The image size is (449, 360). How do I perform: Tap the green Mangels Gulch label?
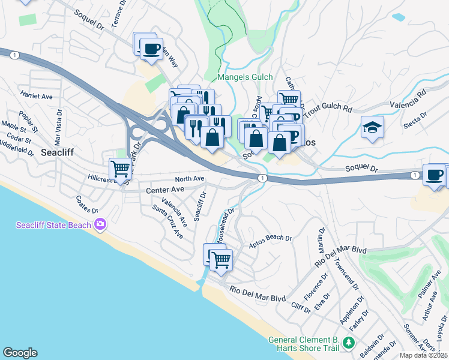pos(245,77)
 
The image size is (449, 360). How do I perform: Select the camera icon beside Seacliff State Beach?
pos(100,225)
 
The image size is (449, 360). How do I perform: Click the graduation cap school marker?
pos(372,127)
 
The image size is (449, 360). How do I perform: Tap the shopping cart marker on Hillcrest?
pos(120,169)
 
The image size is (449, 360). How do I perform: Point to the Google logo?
pos(20,353)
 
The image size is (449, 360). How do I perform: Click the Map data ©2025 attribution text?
pos(424,355)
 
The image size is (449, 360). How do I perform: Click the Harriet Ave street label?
pos(37,96)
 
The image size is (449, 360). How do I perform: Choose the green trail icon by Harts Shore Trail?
pos(349,343)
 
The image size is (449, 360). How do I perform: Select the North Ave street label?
pos(190,179)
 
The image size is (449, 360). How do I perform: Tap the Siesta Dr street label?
pos(415,115)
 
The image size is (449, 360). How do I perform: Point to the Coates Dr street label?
pos(87,205)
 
